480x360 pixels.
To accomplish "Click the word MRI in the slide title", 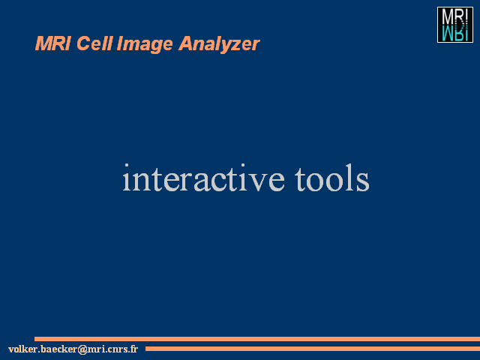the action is (53, 43).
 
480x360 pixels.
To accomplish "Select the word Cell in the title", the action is (94, 43).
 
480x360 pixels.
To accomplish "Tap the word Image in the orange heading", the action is (145, 45).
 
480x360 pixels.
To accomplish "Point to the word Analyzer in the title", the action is (219, 45).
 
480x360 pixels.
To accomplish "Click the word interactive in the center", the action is (203, 178).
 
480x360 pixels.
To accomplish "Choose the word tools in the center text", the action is (331, 178).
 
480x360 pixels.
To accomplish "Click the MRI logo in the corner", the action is (455, 25).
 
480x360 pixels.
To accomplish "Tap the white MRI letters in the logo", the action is (455, 16).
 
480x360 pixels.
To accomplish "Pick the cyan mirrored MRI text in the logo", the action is (455, 33).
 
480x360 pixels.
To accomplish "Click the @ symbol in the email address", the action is (82, 349).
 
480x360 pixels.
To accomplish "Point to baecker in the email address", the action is (58, 349).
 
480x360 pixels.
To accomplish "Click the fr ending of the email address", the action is (133, 349).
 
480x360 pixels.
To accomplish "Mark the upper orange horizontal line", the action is (257, 339).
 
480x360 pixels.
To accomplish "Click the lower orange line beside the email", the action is (313, 349).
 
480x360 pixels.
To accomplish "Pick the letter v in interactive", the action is (255, 182).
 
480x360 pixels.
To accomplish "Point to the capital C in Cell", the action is (83, 43).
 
